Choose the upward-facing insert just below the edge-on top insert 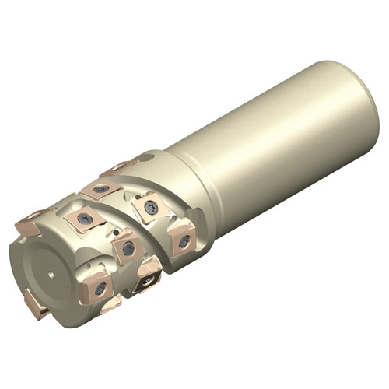pyautogui.click(x=100, y=189)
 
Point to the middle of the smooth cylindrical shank pyautogui.click(x=272, y=148)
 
